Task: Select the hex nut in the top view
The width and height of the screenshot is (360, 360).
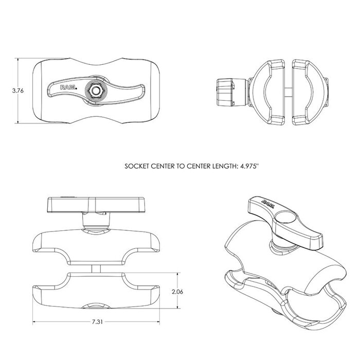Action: tap(95, 90)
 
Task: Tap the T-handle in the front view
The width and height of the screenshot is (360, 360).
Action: tap(94, 205)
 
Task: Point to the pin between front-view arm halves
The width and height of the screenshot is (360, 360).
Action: tap(94, 268)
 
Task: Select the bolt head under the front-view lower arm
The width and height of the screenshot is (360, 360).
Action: tap(94, 307)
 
